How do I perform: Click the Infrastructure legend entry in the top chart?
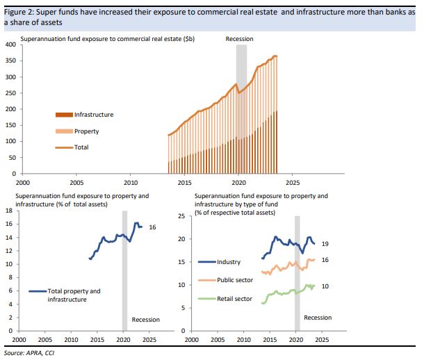(x=93, y=115)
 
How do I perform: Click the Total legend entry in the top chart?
(x=81, y=147)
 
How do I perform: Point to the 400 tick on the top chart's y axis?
(x=10, y=44)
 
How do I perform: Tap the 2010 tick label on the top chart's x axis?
(x=131, y=183)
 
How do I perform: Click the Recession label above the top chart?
(x=239, y=38)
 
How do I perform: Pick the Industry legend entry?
(x=228, y=262)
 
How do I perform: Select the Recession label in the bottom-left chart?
(x=145, y=320)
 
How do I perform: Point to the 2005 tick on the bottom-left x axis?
(x=44, y=340)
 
